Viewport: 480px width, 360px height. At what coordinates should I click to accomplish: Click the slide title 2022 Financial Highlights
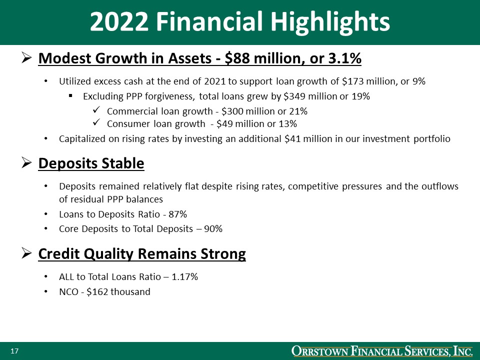[240, 22]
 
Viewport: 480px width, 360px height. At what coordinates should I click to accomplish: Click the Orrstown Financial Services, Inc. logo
[382, 351]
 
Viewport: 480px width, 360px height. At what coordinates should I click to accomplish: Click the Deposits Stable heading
[91, 163]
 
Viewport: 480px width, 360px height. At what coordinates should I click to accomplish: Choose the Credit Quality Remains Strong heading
[142, 254]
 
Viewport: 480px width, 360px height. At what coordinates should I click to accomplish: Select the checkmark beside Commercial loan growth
[97, 109]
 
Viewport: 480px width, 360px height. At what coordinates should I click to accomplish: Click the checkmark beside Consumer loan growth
[97, 122]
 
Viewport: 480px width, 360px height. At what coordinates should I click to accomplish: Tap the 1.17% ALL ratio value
[185, 276]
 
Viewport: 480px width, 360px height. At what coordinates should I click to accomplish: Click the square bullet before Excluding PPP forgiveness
[71, 96]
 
